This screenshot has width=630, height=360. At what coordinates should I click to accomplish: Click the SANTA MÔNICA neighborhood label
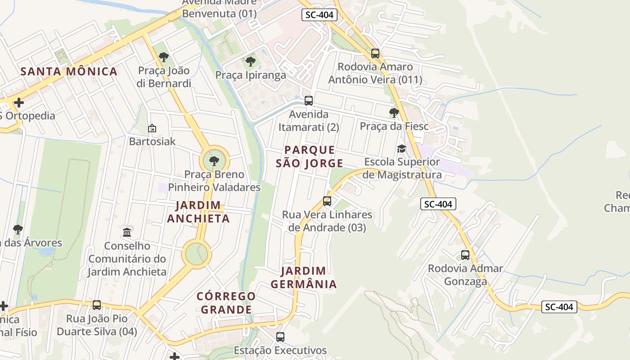click(x=69, y=72)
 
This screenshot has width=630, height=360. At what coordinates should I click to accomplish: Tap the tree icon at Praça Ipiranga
click(x=251, y=62)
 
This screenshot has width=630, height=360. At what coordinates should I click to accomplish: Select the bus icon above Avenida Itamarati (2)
click(x=308, y=101)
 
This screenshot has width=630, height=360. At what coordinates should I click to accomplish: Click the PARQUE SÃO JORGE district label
click(x=309, y=157)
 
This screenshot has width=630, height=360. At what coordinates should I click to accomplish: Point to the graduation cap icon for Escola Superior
click(x=401, y=149)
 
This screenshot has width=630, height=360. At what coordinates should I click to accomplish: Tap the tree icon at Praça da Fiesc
click(x=394, y=113)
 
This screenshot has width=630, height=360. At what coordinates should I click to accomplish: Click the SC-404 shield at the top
click(x=319, y=15)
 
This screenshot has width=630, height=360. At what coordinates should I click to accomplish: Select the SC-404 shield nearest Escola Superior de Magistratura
click(x=438, y=204)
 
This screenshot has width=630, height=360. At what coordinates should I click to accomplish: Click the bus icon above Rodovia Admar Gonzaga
click(x=465, y=255)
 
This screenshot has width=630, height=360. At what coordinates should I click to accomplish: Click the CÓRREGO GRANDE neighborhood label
click(x=226, y=303)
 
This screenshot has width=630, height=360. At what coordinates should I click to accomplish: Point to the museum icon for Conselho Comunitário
click(x=127, y=233)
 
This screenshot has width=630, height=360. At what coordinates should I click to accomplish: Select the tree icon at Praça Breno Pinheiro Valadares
click(x=214, y=161)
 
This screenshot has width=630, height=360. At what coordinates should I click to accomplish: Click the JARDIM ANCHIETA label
click(x=198, y=212)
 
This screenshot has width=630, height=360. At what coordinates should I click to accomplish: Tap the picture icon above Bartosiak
click(x=152, y=129)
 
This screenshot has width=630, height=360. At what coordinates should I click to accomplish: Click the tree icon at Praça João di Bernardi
click(x=164, y=57)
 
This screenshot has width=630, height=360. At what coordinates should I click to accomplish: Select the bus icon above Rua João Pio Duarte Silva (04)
click(x=97, y=305)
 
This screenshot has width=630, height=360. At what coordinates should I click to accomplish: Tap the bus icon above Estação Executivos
click(x=280, y=337)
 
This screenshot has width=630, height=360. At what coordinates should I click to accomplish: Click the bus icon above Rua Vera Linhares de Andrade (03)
click(x=327, y=201)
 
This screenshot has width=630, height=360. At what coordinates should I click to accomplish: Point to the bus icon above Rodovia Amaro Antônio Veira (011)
click(x=375, y=54)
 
